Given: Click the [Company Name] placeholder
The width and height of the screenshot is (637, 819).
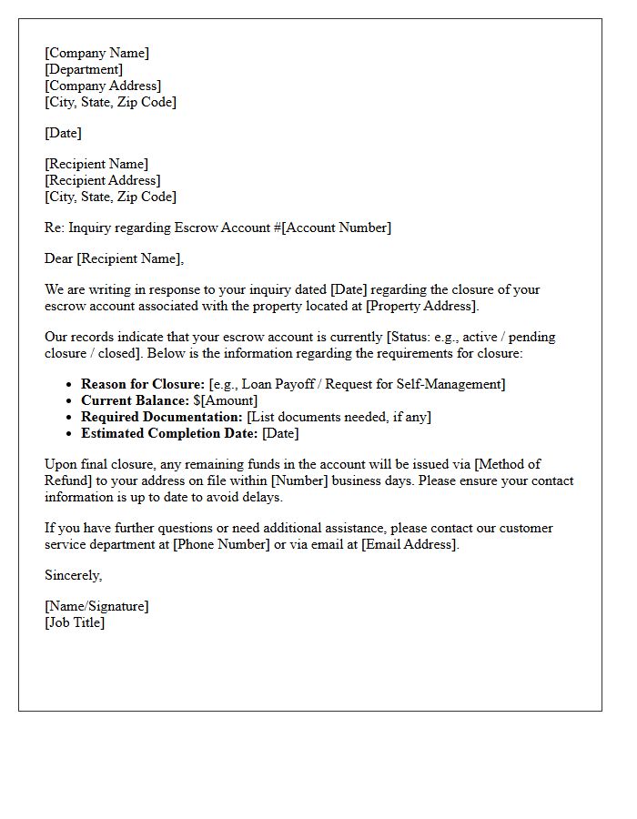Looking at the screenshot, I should tap(96, 53).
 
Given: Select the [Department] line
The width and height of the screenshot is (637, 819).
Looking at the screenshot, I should tap(84, 69).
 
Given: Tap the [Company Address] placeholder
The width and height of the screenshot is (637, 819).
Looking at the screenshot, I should tap(103, 86).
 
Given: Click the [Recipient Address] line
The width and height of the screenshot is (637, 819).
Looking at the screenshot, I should tap(102, 180).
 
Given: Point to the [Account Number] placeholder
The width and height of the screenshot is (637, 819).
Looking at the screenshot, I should tap(337, 227).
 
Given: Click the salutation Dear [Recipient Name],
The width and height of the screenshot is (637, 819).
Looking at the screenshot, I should tap(114, 258).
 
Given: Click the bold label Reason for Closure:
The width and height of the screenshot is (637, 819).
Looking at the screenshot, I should tap(143, 384).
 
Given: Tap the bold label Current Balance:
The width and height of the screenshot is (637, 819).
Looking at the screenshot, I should tap(135, 400).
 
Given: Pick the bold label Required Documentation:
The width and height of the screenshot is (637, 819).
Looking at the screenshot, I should tap(162, 417).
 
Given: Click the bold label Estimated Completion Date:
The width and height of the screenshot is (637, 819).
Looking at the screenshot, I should tap(169, 433).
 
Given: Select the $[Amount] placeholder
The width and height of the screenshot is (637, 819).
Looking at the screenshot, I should tap(226, 400).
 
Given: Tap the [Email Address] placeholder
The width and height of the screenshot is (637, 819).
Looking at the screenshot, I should tap(409, 544).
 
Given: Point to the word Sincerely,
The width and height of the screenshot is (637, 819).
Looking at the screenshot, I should tap(74, 575).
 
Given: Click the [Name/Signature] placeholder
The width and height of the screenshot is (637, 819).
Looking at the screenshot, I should tap(96, 606).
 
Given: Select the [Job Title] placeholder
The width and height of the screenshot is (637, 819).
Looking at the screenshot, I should tap(75, 622).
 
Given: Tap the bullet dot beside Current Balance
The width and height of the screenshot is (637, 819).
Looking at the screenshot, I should tap(68, 401).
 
